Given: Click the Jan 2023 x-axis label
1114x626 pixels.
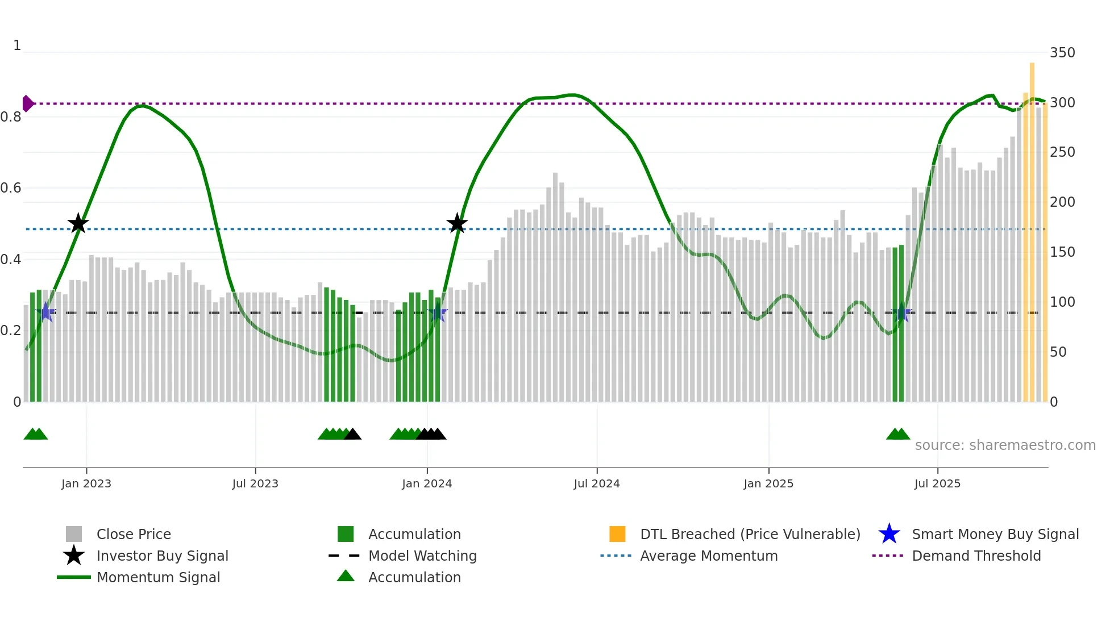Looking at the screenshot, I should click(x=86, y=483).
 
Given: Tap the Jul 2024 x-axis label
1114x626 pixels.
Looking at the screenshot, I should click(x=597, y=483).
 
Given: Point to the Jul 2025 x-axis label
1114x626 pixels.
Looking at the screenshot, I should click(x=937, y=483).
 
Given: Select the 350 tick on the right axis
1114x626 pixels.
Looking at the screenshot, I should click(x=1062, y=53).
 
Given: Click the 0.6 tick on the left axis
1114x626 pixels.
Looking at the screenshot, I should click(x=11, y=188).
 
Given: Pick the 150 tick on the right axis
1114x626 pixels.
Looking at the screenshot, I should click(x=1062, y=252).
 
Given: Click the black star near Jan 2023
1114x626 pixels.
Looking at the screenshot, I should click(x=78, y=223).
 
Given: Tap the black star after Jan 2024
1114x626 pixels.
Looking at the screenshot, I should click(x=457, y=223).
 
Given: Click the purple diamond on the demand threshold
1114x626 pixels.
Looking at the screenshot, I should click(x=27, y=103).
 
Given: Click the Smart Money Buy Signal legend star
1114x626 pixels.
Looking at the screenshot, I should click(x=889, y=534).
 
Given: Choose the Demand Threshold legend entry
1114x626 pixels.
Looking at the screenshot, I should click(x=976, y=556).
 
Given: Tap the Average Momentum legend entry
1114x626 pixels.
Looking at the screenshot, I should click(x=708, y=556).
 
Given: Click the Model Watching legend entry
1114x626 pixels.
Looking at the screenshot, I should click(x=422, y=556).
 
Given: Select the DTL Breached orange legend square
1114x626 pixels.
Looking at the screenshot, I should click(x=617, y=534).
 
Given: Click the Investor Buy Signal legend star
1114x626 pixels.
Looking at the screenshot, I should click(x=74, y=556).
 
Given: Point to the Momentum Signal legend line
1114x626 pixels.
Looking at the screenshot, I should click(x=74, y=577).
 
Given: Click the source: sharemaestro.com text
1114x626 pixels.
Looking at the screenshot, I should click(x=1005, y=445).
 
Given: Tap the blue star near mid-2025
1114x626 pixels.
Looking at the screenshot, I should click(x=901, y=312).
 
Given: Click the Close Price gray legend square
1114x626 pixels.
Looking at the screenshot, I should click(x=74, y=534).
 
